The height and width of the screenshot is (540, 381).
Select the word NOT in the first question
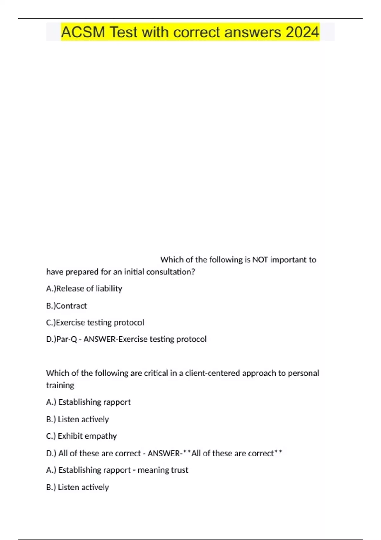tap(260, 260)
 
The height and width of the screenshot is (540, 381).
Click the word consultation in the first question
tap(170, 272)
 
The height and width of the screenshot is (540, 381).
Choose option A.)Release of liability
tap(84, 288)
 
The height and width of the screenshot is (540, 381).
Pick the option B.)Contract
tap(66, 306)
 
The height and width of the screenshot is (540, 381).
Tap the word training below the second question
tap(60, 385)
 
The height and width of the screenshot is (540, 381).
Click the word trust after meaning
tap(180, 470)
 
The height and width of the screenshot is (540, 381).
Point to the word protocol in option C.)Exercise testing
tap(129, 322)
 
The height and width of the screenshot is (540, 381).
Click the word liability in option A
tap(109, 288)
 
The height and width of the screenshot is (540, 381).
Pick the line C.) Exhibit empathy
tap(81, 436)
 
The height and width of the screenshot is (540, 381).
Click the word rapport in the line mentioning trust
tap(119, 470)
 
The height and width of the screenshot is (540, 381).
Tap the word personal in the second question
tap(303, 373)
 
